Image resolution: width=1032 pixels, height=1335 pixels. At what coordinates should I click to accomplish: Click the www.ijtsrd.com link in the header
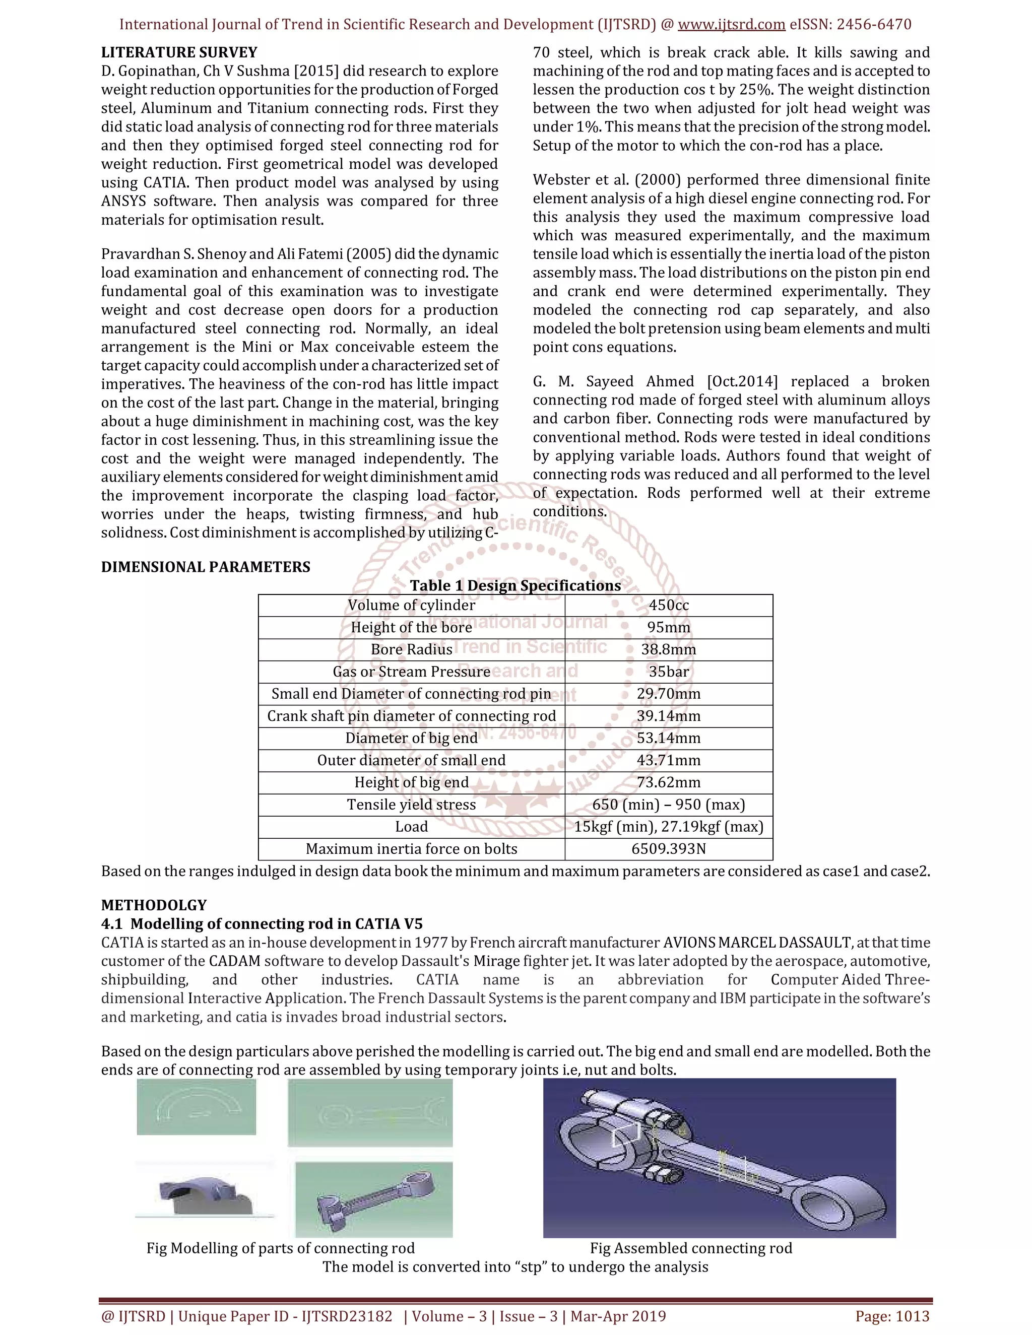coord(731,25)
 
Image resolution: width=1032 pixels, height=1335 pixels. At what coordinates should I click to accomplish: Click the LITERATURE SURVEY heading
coord(179,52)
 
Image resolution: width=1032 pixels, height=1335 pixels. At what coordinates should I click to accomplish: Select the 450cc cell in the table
coord(668,605)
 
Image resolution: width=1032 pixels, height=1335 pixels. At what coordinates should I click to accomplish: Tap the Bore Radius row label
coord(412,650)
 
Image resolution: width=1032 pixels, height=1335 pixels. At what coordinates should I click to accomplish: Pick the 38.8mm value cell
coord(668,650)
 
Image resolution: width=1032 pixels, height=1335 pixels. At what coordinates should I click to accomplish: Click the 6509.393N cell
coord(668,849)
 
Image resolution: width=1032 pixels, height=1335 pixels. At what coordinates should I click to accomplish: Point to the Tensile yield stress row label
coord(412,805)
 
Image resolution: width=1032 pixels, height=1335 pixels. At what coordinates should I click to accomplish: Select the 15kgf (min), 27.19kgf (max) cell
coord(668,827)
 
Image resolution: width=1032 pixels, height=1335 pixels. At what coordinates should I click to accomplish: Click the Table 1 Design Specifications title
coord(515,585)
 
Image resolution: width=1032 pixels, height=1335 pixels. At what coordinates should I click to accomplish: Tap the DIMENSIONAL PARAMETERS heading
coord(206,567)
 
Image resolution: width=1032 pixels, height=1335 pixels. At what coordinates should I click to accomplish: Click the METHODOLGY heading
coord(154,905)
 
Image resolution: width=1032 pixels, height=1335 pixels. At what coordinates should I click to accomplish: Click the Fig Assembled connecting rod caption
coord(691,1248)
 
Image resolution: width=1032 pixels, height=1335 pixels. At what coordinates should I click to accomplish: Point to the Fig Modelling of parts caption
coord(280,1248)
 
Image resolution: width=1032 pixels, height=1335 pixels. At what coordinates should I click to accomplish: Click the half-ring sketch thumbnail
coord(196,1107)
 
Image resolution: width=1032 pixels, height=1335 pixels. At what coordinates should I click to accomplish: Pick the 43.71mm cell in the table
coord(668,760)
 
